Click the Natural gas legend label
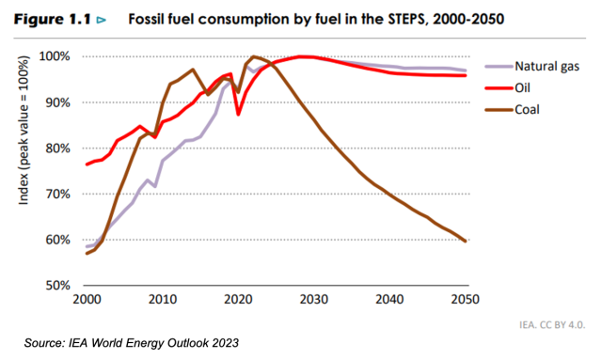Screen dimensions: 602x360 click(x=547, y=67)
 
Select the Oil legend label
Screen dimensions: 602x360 click(x=522, y=88)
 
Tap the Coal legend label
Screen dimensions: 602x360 click(x=527, y=110)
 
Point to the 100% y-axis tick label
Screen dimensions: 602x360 click(x=55, y=56)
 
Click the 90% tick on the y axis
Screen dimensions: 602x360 click(x=58, y=102)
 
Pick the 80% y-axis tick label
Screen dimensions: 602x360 click(x=58, y=149)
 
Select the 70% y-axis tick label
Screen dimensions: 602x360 click(x=58, y=194)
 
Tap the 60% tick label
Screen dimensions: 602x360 click(x=58, y=240)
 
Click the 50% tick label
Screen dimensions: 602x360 click(x=58, y=286)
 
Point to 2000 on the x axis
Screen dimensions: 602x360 click(x=87, y=299)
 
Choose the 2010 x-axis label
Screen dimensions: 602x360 click(x=163, y=299)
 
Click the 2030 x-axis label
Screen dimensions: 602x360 click(x=314, y=299)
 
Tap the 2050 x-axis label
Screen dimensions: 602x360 click(x=466, y=299)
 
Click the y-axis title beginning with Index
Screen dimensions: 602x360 click(x=24, y=130)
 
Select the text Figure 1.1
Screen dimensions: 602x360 click(x=53, y=19)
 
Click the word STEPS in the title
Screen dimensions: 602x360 click(x=406, y=19)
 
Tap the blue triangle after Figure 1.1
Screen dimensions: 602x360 click(x=102, y=20)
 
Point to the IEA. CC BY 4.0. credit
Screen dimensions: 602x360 click(x=552, y=324)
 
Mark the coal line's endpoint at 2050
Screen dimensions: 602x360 click(x=466, y=241)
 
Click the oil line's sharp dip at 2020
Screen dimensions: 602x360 click(x=238, y=115)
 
